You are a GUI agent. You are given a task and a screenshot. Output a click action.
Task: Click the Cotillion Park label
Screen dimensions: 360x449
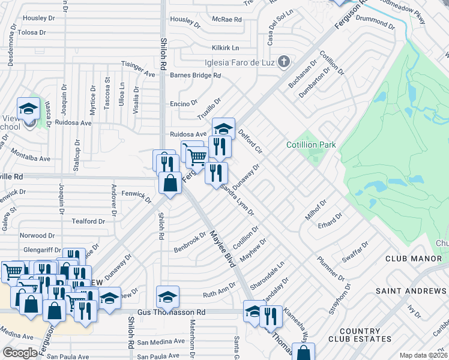coord(311,145)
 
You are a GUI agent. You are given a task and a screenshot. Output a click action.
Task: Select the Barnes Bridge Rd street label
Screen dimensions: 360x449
coord(196,76)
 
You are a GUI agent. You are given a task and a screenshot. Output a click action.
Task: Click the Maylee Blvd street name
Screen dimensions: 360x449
coord(222,251)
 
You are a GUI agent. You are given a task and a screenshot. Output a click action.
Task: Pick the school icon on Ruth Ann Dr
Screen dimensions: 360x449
coord(167,296)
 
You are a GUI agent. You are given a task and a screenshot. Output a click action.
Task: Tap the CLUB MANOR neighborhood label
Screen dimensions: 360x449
coord(409,259)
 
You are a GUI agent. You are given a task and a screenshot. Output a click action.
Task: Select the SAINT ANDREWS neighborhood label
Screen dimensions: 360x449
coord(412,291)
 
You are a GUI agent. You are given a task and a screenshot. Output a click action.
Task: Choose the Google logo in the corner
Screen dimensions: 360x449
coord(20,353)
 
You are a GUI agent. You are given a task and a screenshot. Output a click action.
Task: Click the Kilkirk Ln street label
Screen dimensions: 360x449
coord(225,47)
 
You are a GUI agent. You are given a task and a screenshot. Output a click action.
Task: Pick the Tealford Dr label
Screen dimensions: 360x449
coord(88,221)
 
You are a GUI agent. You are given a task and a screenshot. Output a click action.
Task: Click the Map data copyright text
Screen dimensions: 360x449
coord(424,355)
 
